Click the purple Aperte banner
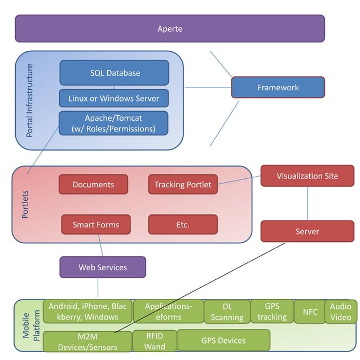170,29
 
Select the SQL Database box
115,73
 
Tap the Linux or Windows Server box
114,98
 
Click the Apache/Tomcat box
114,123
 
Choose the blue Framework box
278,87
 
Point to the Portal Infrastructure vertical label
30,100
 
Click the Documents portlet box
93,185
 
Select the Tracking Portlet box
183,185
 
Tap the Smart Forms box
96,225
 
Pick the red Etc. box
183,225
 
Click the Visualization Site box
307,176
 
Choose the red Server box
307,231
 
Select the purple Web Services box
103,267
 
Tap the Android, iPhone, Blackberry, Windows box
88,311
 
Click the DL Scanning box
226,312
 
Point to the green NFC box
310,311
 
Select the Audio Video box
340,311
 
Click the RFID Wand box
155,341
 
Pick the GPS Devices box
223,340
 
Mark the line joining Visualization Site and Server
308,204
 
